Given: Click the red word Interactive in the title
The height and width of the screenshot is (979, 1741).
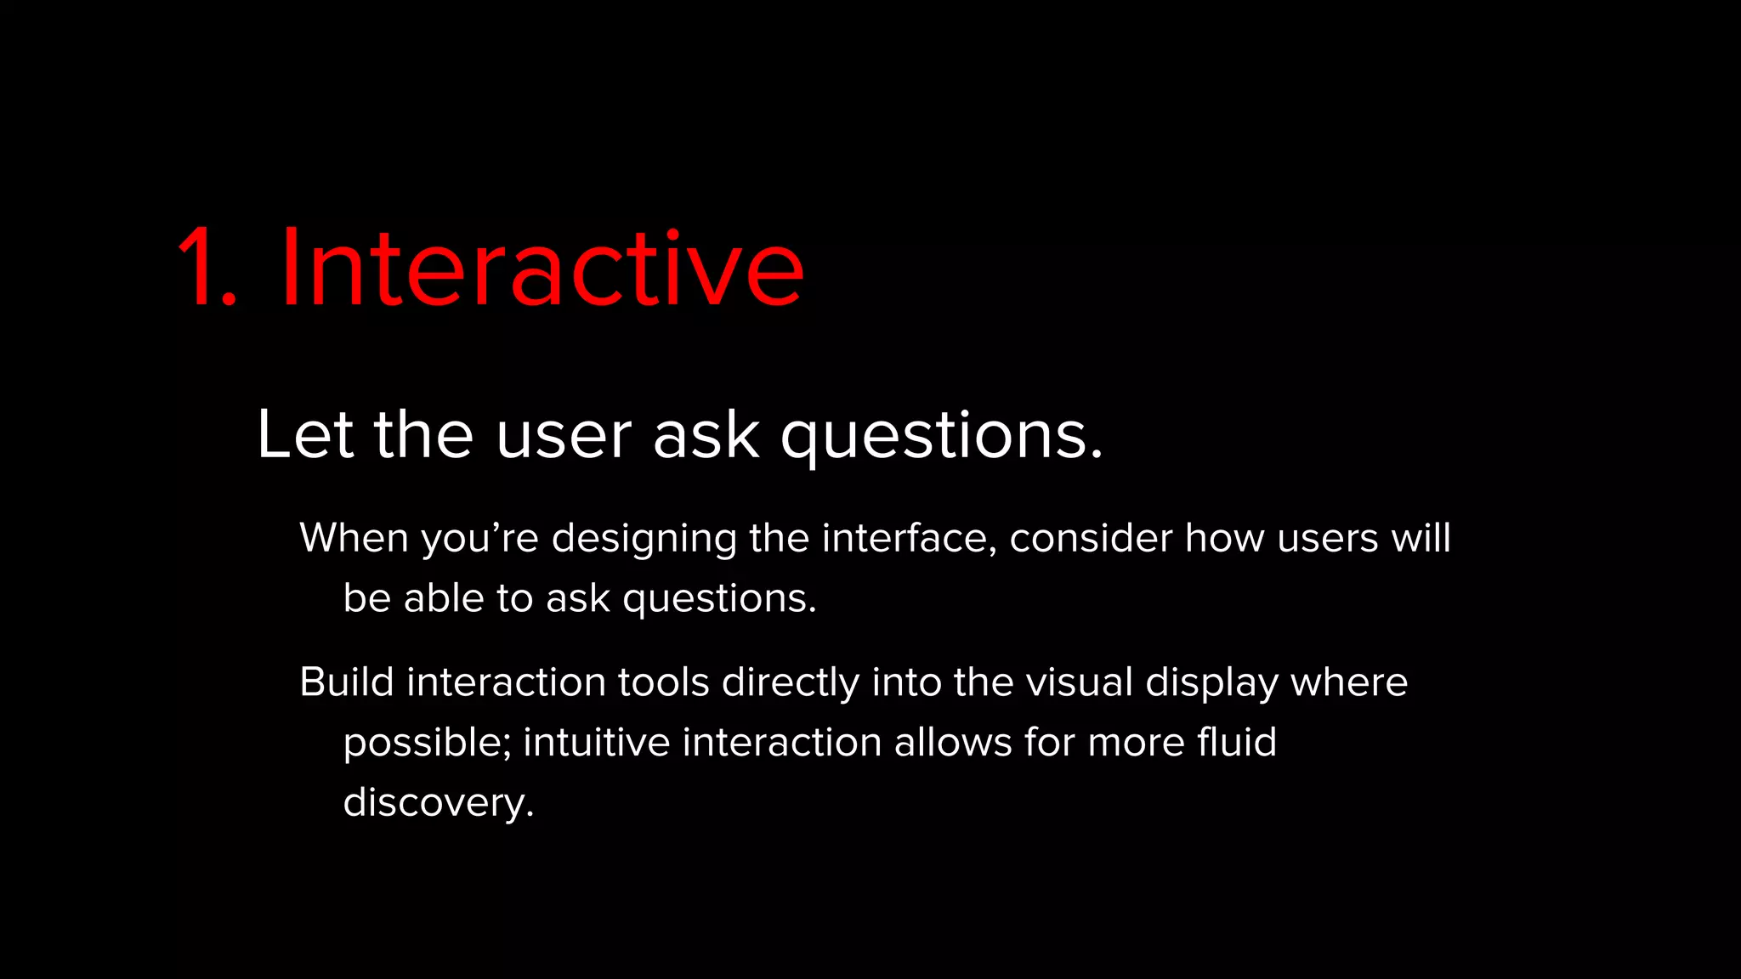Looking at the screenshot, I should [x=541, y=268].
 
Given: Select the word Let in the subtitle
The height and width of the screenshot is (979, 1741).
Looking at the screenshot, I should [x=303, y=435].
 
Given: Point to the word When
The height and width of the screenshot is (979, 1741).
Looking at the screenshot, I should [x=354, y=538].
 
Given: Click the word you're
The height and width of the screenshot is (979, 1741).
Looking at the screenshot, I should [x=479, y=540].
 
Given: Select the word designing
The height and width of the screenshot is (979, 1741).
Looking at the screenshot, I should [x=644, y=540].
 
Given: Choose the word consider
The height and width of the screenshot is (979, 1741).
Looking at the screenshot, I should [x=1091, y=538].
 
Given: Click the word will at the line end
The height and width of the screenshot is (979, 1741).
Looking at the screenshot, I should [x=1421, y=538].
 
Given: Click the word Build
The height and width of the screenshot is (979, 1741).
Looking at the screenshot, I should [x=346, y=682].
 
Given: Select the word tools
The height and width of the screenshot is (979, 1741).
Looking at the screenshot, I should [x=663, y=682].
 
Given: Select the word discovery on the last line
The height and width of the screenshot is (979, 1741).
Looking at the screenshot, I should [x=434, y=803].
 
